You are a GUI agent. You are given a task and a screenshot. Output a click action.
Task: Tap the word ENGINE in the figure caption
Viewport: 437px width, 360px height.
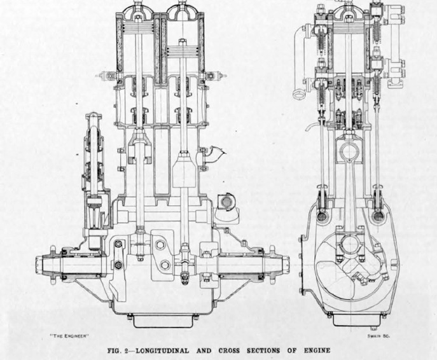click(317, 350)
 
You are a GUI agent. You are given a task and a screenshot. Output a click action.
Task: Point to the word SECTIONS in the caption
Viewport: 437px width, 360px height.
click(263, 350)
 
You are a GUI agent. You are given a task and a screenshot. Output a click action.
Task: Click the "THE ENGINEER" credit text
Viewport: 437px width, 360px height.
click(69, 336)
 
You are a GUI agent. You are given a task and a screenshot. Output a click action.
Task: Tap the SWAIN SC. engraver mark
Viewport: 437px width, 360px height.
click(378, 336)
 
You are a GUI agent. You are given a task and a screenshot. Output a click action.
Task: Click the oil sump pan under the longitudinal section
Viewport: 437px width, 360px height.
click(163, 321)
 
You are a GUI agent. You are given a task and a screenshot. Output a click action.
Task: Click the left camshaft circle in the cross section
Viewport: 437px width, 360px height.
click(323, 216)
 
